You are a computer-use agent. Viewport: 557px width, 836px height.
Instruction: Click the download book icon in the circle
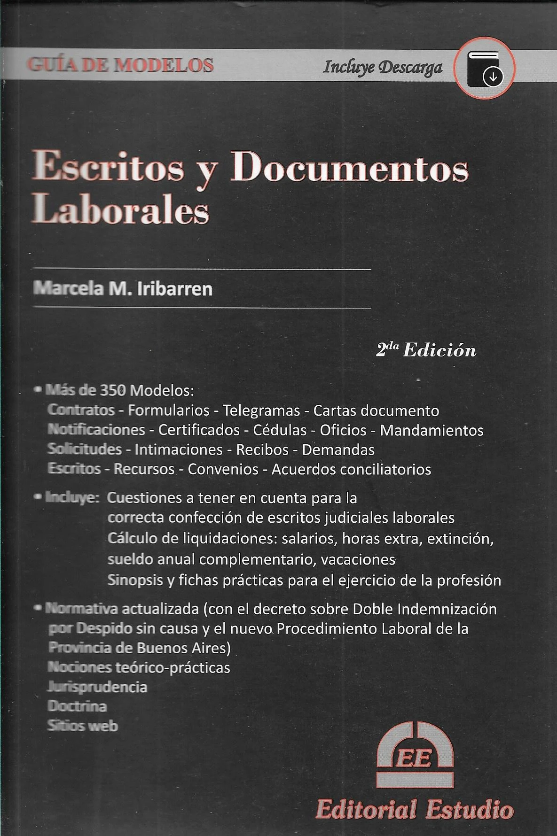[x=485, y=69]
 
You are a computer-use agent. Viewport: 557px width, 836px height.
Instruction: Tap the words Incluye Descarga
[x=383, y=68]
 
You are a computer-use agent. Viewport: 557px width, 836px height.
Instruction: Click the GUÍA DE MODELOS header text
[x=121, y=65]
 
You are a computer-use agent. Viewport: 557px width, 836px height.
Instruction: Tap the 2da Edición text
[x=426, y=350]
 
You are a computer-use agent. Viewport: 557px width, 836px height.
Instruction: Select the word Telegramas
[x=262, y=410]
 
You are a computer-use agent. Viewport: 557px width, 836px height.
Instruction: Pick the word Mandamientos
[x=431, y=430]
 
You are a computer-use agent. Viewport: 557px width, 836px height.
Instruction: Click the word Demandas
[x=338, y=450]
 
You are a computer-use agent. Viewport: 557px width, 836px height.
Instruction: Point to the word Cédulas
[x=280, y=430]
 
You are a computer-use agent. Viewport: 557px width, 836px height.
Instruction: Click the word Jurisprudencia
[x=97, y=687]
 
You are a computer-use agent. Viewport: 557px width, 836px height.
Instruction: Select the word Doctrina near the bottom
[x=77, y=706]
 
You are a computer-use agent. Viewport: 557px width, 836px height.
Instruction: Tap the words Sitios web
[x=83, y=726]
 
